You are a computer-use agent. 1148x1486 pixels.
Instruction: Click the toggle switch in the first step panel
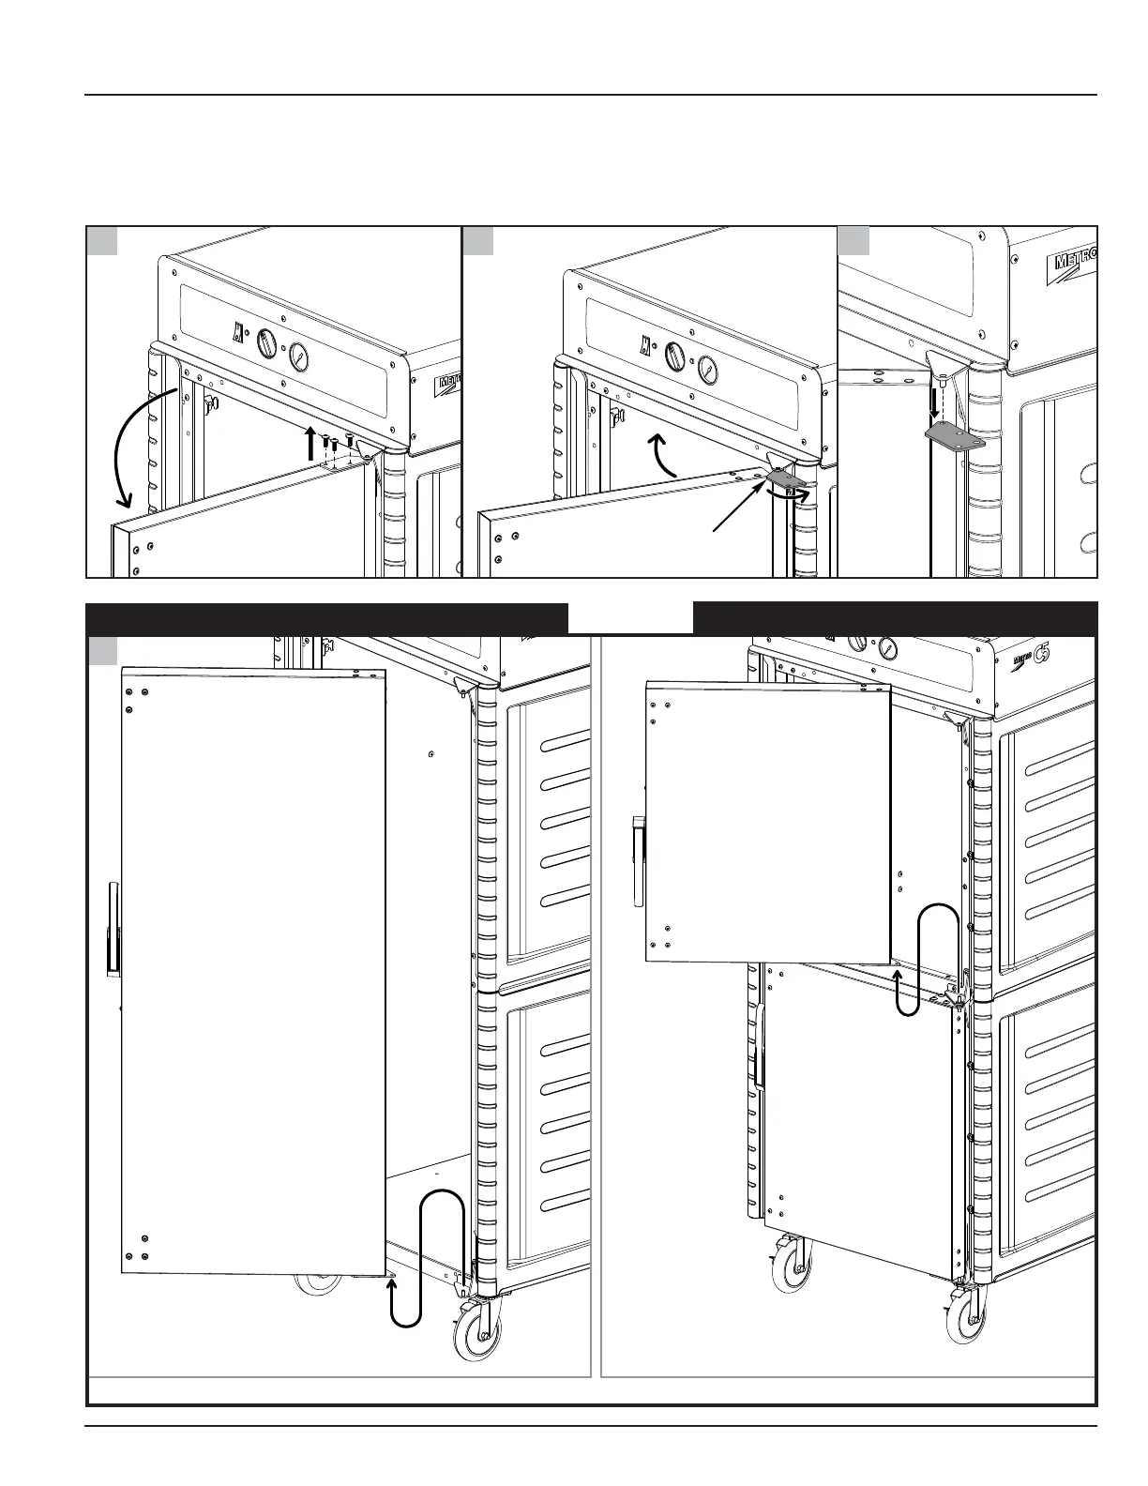coord(238,333)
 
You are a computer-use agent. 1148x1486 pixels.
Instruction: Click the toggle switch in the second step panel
coord(645,344)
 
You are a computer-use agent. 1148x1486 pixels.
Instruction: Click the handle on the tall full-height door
coord(113,929)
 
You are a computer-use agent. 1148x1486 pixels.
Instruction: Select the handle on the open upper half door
coord(639,861)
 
